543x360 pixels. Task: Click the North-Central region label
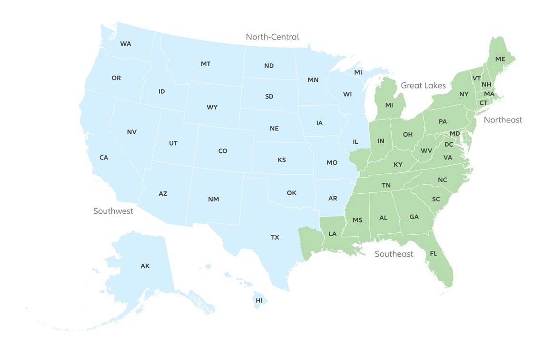[x=272, y=37]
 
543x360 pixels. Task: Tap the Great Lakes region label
[x=423, y=86]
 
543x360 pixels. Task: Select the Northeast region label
[x=503, y=120]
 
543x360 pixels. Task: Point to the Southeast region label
[x=394, y=254]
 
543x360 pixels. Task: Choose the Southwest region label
[x=113, y=211]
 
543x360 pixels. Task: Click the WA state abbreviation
[x=126, y=44]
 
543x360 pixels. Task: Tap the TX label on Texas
[x=275, y=237]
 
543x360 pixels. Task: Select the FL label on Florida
[x=434, y=253]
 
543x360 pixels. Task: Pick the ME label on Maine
[x=500, y=59]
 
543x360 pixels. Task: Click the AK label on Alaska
[x=145, y=266]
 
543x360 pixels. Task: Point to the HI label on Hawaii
[x=259, y=300]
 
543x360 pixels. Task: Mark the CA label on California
[x=104, y=158]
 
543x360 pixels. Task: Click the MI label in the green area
[x=389, y=105]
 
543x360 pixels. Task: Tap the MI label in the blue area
[x=358, y=72]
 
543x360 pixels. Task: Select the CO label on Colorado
[x=223, y=151]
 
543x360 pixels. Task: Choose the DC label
[x=449, y=144]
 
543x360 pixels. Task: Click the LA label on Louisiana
[x=332, y=234]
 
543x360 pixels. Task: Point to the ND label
[x=269, y=66]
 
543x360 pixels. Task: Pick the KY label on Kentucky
[x=398, y=165]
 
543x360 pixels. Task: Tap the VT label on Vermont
[x=476, y=78]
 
